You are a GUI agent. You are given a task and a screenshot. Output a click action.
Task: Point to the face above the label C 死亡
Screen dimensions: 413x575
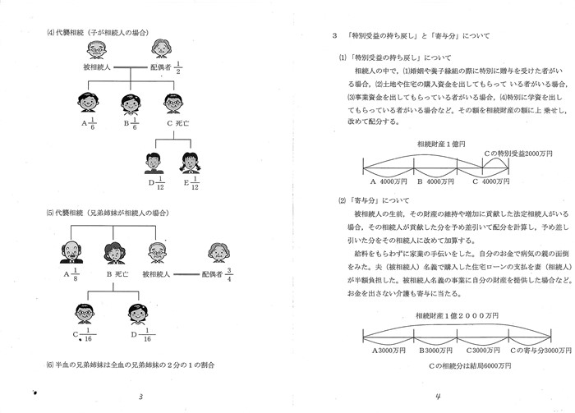(x=172, y=105)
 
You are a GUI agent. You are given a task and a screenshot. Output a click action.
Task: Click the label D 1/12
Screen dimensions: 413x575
(x=154, y=183)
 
